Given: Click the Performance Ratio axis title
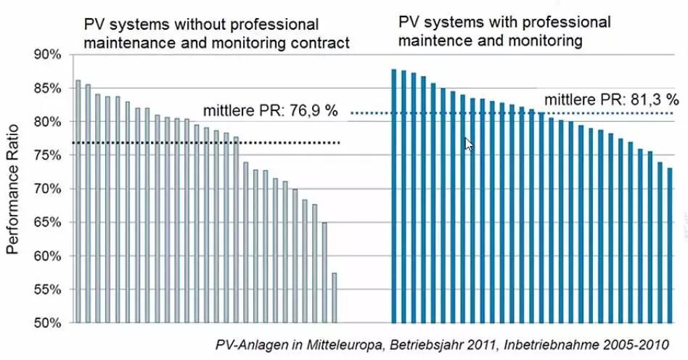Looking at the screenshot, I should coord(12,188).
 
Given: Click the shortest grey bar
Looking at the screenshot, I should coord(335,298).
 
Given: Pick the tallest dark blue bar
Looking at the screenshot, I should coord(394,196).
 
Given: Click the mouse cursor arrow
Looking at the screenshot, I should coord(468,144).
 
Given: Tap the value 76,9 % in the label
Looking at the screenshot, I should coord(314,114).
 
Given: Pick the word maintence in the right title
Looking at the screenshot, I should coord(430,41).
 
